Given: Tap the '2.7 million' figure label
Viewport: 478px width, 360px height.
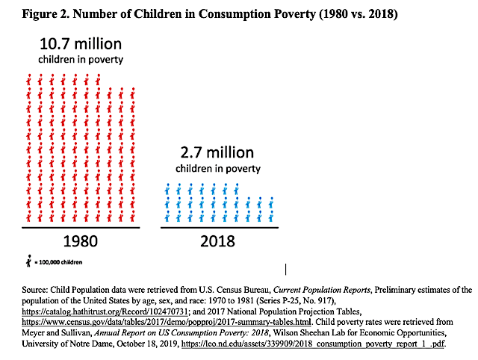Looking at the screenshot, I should coord(217,153).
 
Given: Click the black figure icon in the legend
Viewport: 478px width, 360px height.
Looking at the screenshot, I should coord(28,261).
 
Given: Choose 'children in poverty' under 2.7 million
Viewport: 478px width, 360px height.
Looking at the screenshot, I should coord(217,169).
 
